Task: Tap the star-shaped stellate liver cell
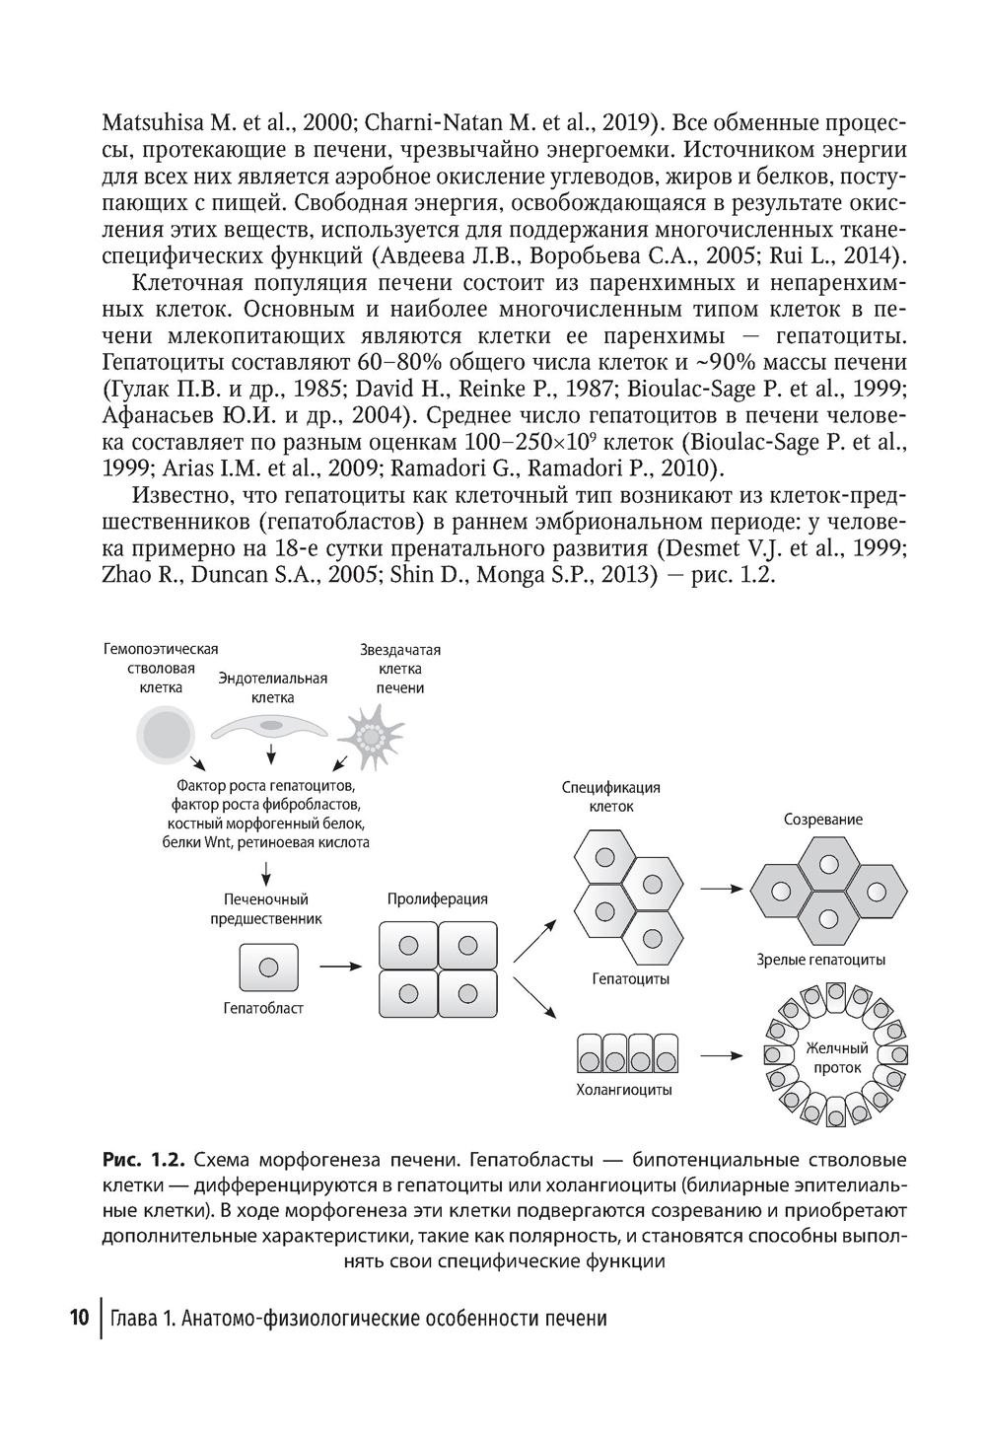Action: tap(371, 736)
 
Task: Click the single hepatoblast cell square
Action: tap(266, 967)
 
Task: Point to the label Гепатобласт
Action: tap(263, 1008)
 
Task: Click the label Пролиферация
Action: tap(437, 898)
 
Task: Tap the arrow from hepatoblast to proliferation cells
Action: tap(341, 967)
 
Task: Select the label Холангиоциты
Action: tap(624, 1090)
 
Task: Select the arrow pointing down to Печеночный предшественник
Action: tap(266, 871)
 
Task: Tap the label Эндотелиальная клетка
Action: tap(272, 687)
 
